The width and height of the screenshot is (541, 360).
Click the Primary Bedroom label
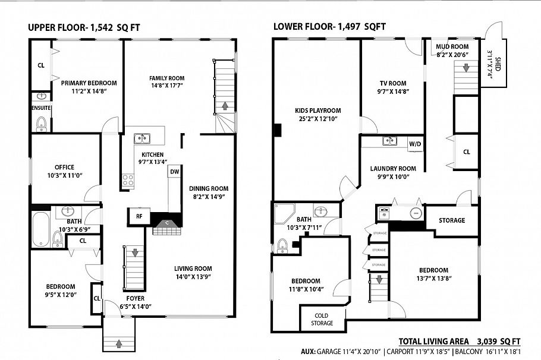(89, 83)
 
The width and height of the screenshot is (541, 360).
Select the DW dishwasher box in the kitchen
(174, 172)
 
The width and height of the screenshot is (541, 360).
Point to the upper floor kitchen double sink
(141, 139)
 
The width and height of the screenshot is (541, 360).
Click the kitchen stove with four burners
(128, 181)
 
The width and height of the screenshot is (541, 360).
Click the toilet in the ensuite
(42, 123)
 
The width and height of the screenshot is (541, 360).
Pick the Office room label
(64, 167)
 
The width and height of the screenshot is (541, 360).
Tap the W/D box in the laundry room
(414, 144)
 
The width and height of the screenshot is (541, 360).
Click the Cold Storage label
(322, 319)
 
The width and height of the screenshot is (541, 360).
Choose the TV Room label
(393, 83)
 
